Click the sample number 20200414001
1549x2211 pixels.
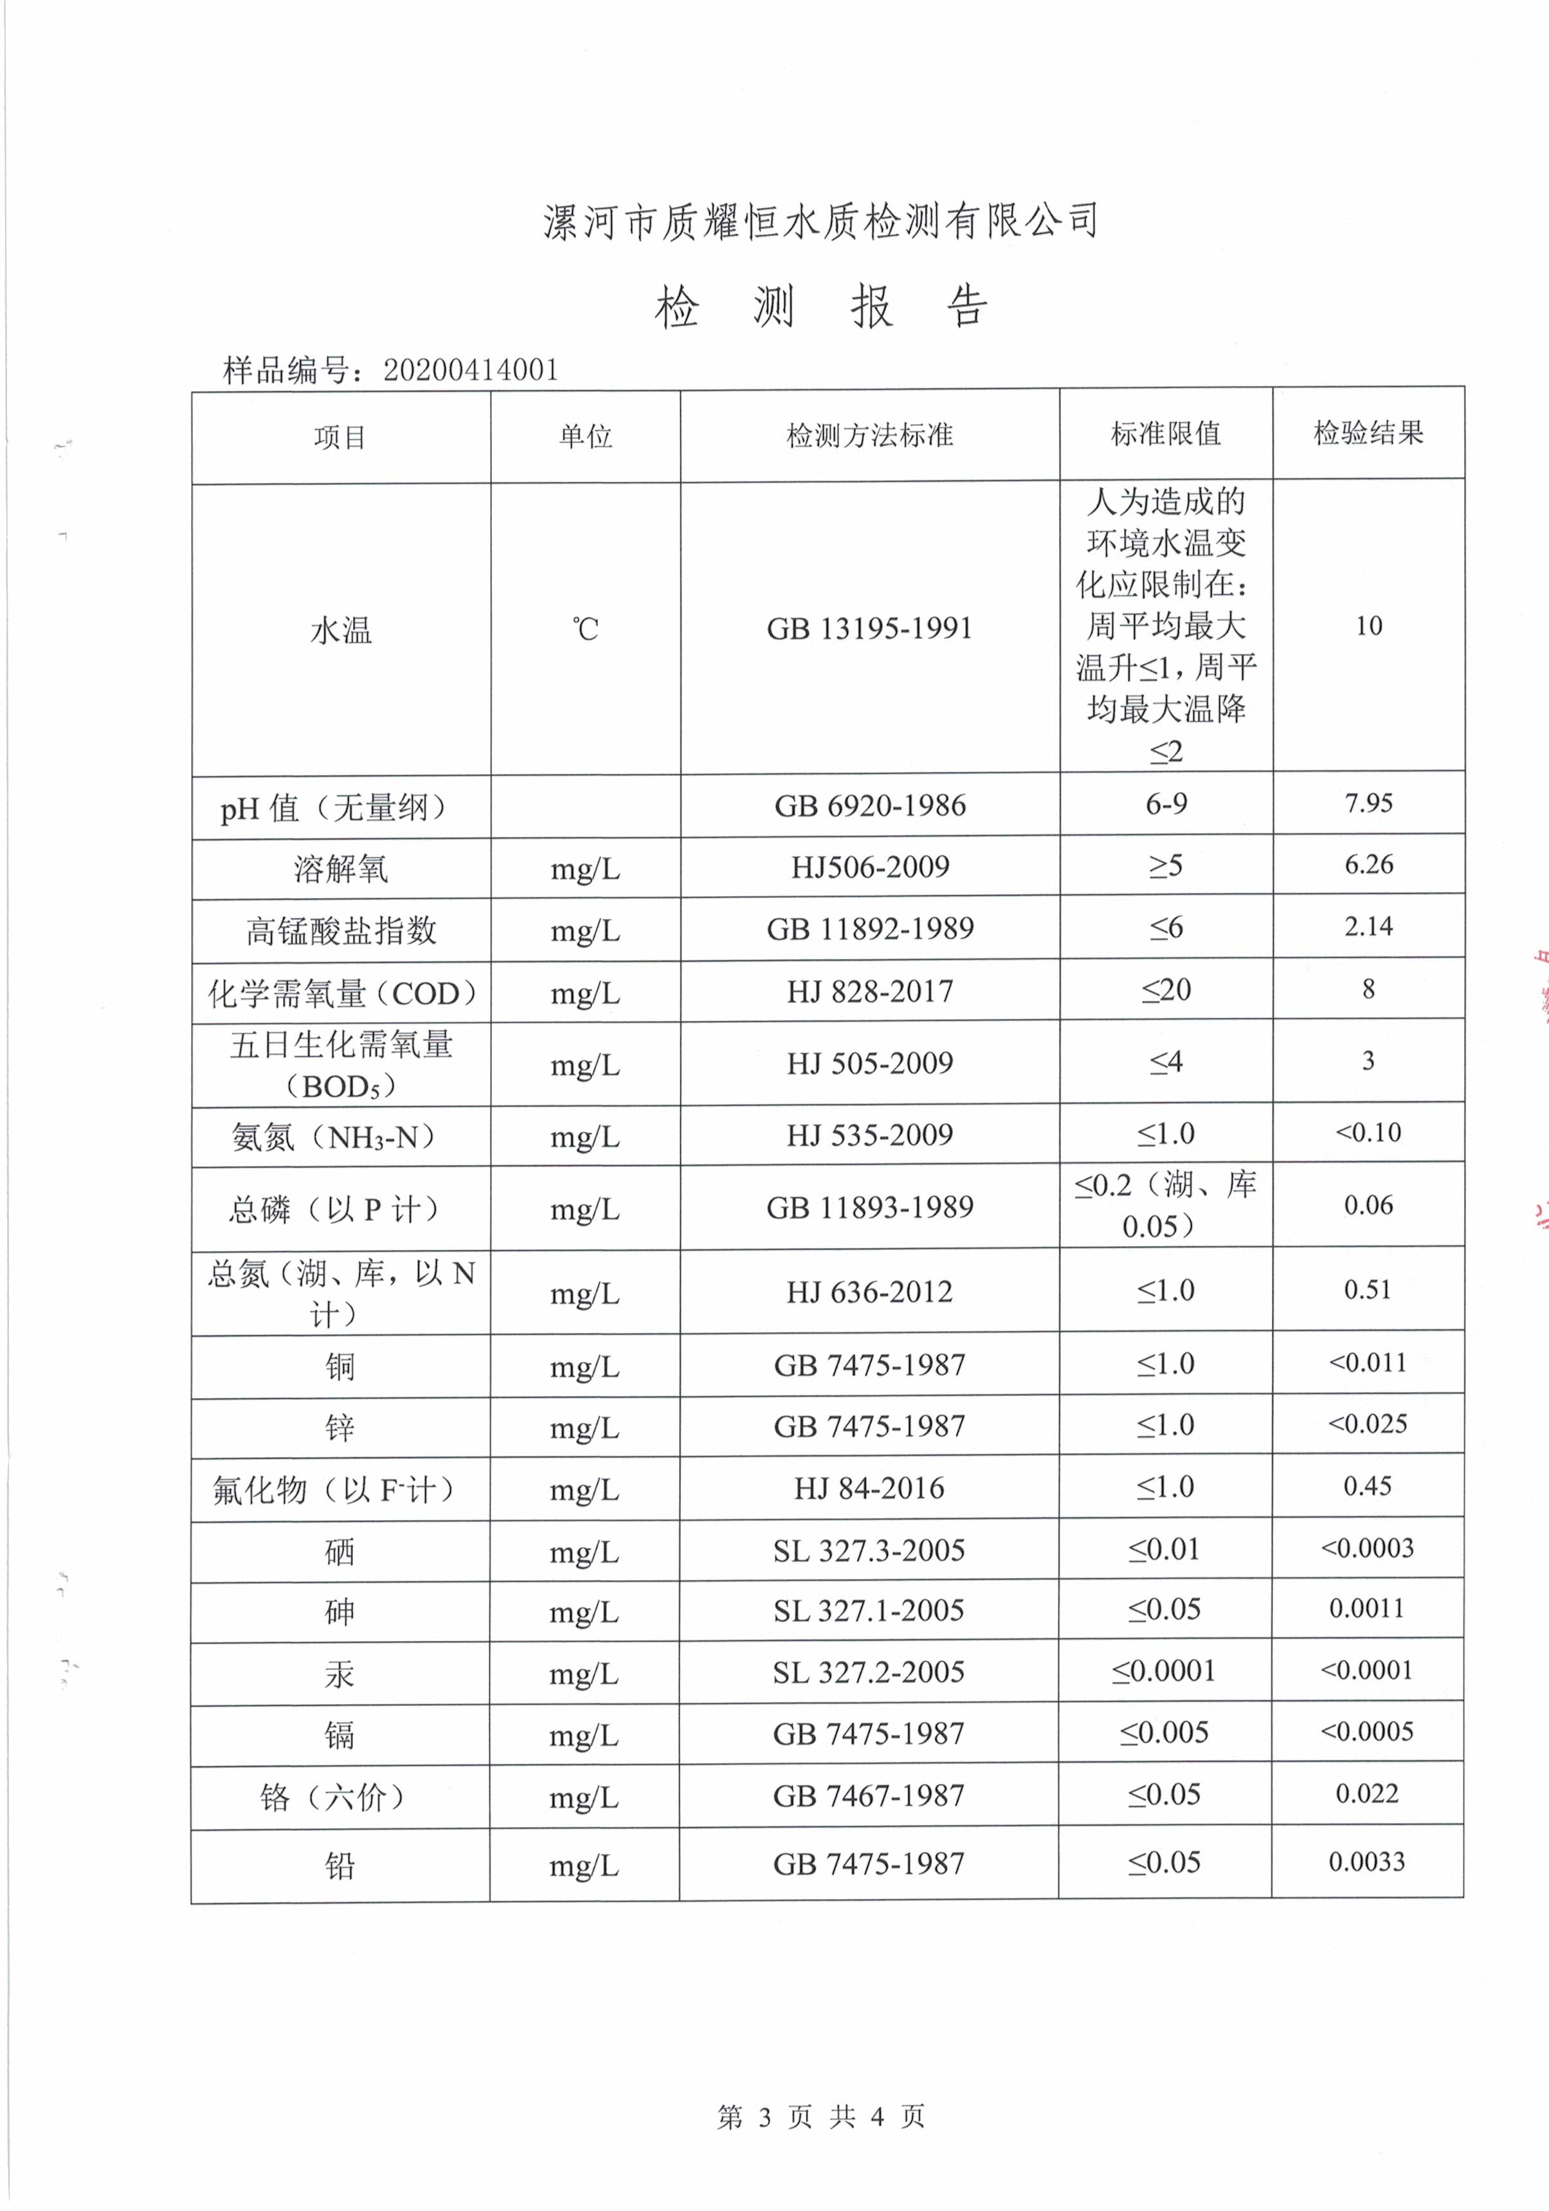point(471,370)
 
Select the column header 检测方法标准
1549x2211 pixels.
point(869,436)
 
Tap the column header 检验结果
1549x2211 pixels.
point(1368,434)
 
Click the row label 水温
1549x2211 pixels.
point(341,631)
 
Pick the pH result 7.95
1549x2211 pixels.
point(1368,803)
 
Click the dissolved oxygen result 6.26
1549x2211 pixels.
point(1368,865)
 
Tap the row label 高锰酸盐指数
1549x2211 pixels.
point(341,930)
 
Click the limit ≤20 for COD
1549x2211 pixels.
point(1166,990)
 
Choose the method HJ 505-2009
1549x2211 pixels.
point(869,1063)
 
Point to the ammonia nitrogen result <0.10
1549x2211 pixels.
point(1368,1132)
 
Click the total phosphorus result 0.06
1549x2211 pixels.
point(1368,1205)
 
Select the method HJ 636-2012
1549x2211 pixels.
point(869,1291)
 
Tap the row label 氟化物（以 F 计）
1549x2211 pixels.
point(333,1491)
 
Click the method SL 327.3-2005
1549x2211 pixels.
point(868,1550)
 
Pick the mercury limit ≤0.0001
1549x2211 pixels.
point(1164,1671)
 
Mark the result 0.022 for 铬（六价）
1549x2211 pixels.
point(1366,1793)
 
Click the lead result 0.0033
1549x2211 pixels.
point(1366,1862)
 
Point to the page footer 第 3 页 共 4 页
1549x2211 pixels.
point(820,2116)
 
